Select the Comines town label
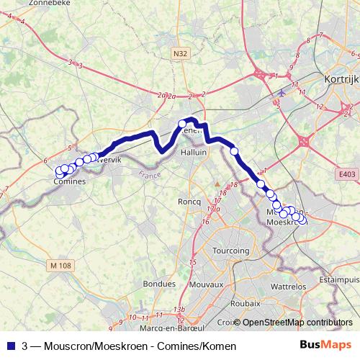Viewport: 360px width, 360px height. pos(70,181)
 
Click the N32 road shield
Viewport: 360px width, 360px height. pos(180,53)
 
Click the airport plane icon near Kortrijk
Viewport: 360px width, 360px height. pos(280,93)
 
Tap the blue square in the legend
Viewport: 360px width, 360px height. pos(11,345)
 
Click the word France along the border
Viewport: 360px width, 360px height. pos(150,174)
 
